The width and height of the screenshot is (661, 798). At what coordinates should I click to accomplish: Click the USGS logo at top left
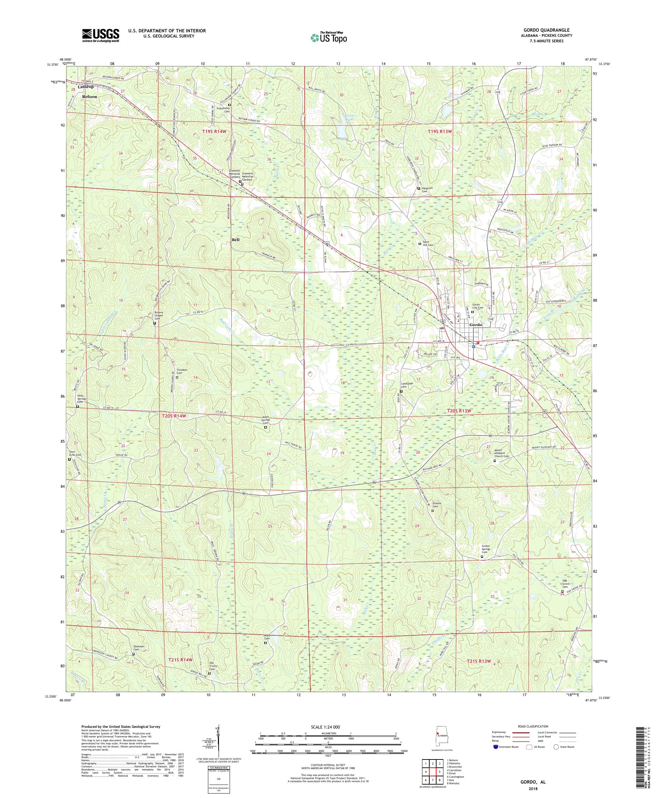coord(101,35)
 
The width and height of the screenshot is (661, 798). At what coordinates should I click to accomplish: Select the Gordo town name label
coord(476,325)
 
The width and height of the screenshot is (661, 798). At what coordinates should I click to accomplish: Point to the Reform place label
coord(90,97)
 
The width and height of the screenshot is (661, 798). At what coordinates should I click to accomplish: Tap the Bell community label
coord(236,240)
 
